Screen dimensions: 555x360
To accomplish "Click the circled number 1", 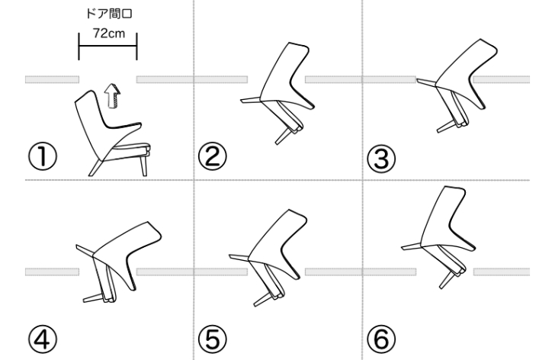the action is point(42,156).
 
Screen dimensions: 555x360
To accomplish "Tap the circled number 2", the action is point(213,156).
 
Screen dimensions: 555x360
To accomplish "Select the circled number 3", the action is point(381,158).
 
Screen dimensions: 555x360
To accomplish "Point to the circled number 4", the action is point(42,339).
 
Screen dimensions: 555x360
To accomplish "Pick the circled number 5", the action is point(213,339).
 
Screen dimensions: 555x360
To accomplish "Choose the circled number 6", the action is point(381,339).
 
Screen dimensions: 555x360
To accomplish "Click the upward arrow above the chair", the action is point(112,96).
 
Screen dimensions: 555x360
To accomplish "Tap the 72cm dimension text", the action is point(109,34).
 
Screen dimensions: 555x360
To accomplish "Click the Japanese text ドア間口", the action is point(109,14).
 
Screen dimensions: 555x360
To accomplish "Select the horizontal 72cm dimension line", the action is point(107,46).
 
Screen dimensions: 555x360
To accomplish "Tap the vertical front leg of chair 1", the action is point(143,166).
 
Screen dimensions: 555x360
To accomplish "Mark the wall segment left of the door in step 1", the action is point(52,79).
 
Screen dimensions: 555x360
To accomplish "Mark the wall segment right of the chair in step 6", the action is point(502,272).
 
